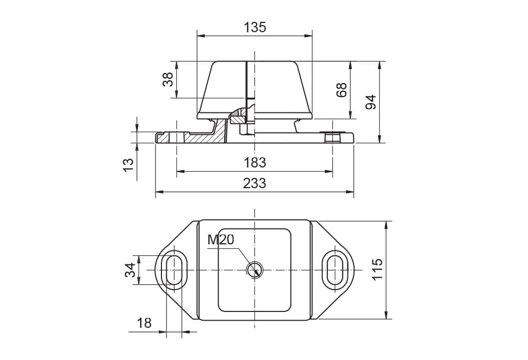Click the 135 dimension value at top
pos(255,27)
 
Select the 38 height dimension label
pos(168,80)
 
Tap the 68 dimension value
pos(341,89)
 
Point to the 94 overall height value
pos(371,102)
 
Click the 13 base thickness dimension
pos(128,165)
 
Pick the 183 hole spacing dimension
pos(255,163)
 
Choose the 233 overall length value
pos(255,183)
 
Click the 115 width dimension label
pos(377,270)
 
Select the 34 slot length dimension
pos(130,270)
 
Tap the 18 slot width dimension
pos(144,323)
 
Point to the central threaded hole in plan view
pos(255,269)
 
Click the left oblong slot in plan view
pos(175,270)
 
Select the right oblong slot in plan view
pos(334,270)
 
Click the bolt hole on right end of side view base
pos(332,137)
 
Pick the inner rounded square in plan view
pos(254,270)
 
